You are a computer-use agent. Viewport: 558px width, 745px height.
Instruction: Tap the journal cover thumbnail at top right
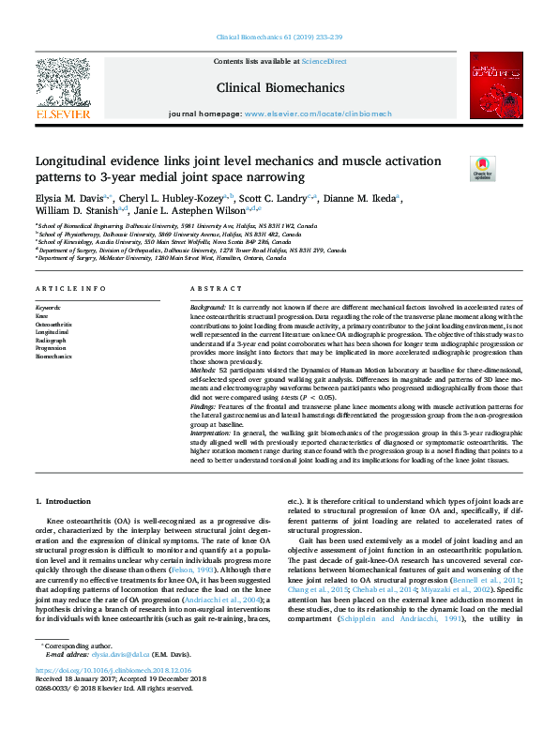pos(496,90)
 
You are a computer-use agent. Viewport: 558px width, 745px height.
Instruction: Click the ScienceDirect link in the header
pos(324,61)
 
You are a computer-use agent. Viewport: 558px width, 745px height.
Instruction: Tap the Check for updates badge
pos(482,169)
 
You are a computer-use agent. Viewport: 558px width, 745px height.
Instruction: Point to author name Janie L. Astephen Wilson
pos(196,214)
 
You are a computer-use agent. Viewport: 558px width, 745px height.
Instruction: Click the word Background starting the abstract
pos(207,308)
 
